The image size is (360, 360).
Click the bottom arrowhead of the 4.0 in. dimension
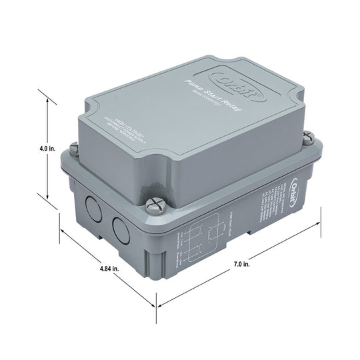(48, 199)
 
